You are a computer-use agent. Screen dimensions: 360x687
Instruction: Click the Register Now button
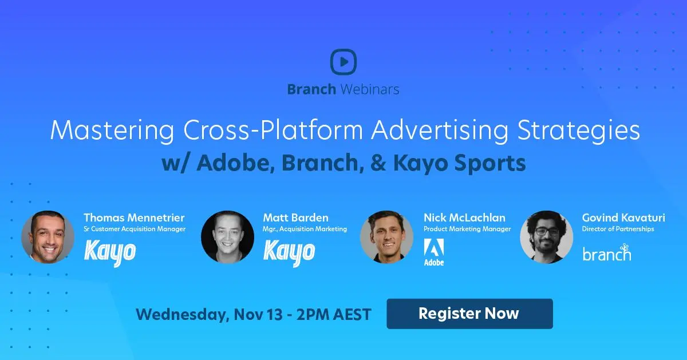469,314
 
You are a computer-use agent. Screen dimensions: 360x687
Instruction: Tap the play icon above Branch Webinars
343,62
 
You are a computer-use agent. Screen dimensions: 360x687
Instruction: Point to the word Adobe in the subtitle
229,163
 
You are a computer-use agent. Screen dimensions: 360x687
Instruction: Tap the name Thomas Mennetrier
134,217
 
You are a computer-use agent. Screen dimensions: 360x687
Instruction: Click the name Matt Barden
295,217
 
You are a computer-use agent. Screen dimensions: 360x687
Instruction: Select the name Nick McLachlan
464,217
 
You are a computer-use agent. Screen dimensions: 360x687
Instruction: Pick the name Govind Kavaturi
623,217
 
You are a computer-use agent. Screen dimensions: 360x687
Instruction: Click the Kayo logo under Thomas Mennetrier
110,252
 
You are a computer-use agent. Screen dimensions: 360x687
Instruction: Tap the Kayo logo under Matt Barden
289,252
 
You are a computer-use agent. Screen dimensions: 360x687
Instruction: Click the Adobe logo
433,252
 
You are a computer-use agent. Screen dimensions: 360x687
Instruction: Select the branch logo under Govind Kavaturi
606,252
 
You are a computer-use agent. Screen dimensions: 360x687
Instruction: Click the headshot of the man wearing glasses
546,237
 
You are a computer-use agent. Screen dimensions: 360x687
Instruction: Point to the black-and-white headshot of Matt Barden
227,237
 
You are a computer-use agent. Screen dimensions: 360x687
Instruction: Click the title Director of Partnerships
618,229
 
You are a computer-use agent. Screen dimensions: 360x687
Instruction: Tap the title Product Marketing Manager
467,229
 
